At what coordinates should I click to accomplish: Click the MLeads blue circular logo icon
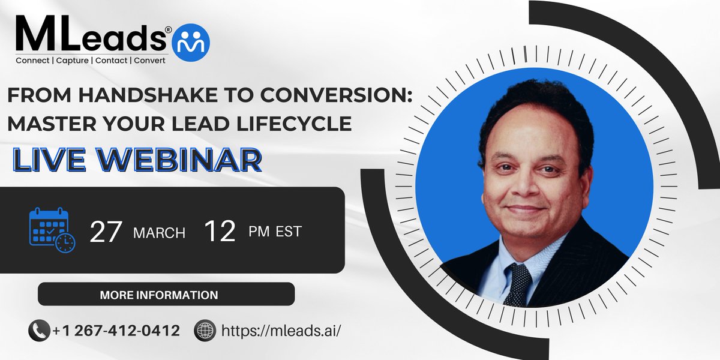(191, 40)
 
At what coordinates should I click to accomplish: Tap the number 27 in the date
(106, 232)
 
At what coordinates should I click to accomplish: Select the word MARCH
(159, 233)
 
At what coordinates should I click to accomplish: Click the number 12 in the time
(219, 232)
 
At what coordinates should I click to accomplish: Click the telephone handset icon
(38, 331)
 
